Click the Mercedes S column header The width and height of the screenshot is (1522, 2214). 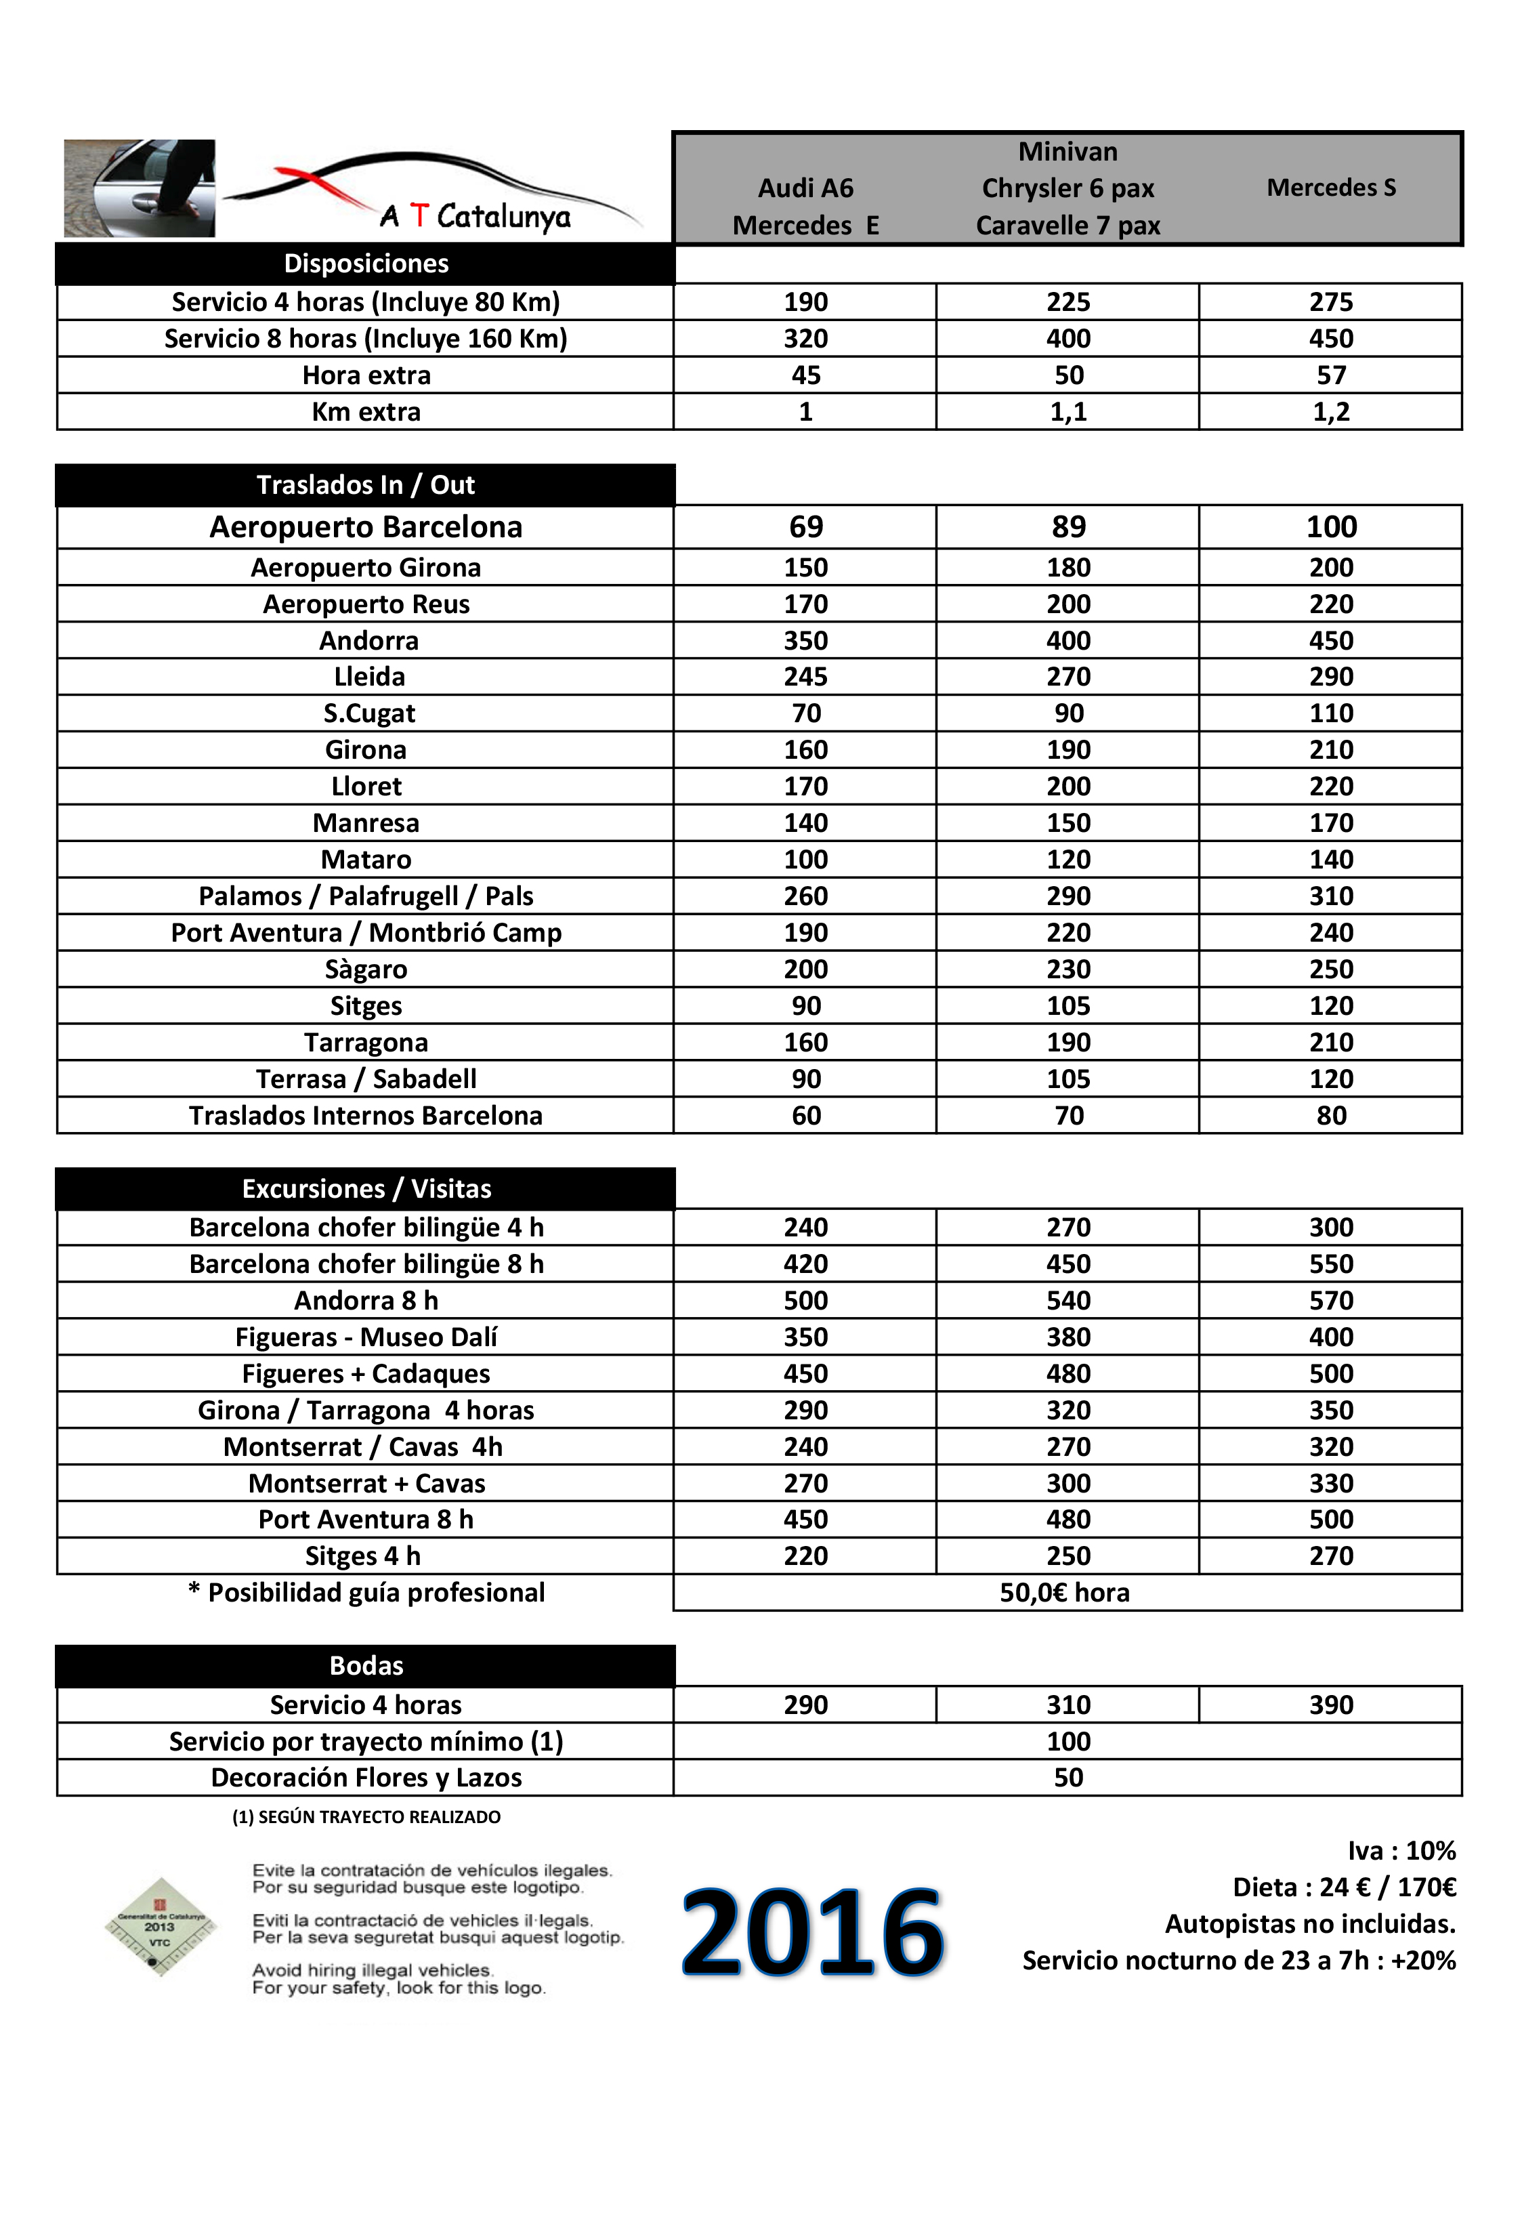click(1330, 188)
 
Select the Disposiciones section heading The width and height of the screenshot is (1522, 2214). click(366, 264)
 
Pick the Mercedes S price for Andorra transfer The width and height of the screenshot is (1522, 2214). click(1330, 641)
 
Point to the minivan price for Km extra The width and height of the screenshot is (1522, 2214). click(1068, 412)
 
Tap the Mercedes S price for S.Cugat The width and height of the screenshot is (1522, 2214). click(1330, 713)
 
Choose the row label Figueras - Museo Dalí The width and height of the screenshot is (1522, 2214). click(366, 1337)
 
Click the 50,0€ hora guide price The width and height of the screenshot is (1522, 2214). click(1064, 1593)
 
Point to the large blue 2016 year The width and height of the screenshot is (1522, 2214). click(813, 1934)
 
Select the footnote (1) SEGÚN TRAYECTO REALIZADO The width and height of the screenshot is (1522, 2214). click(366, 1817)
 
